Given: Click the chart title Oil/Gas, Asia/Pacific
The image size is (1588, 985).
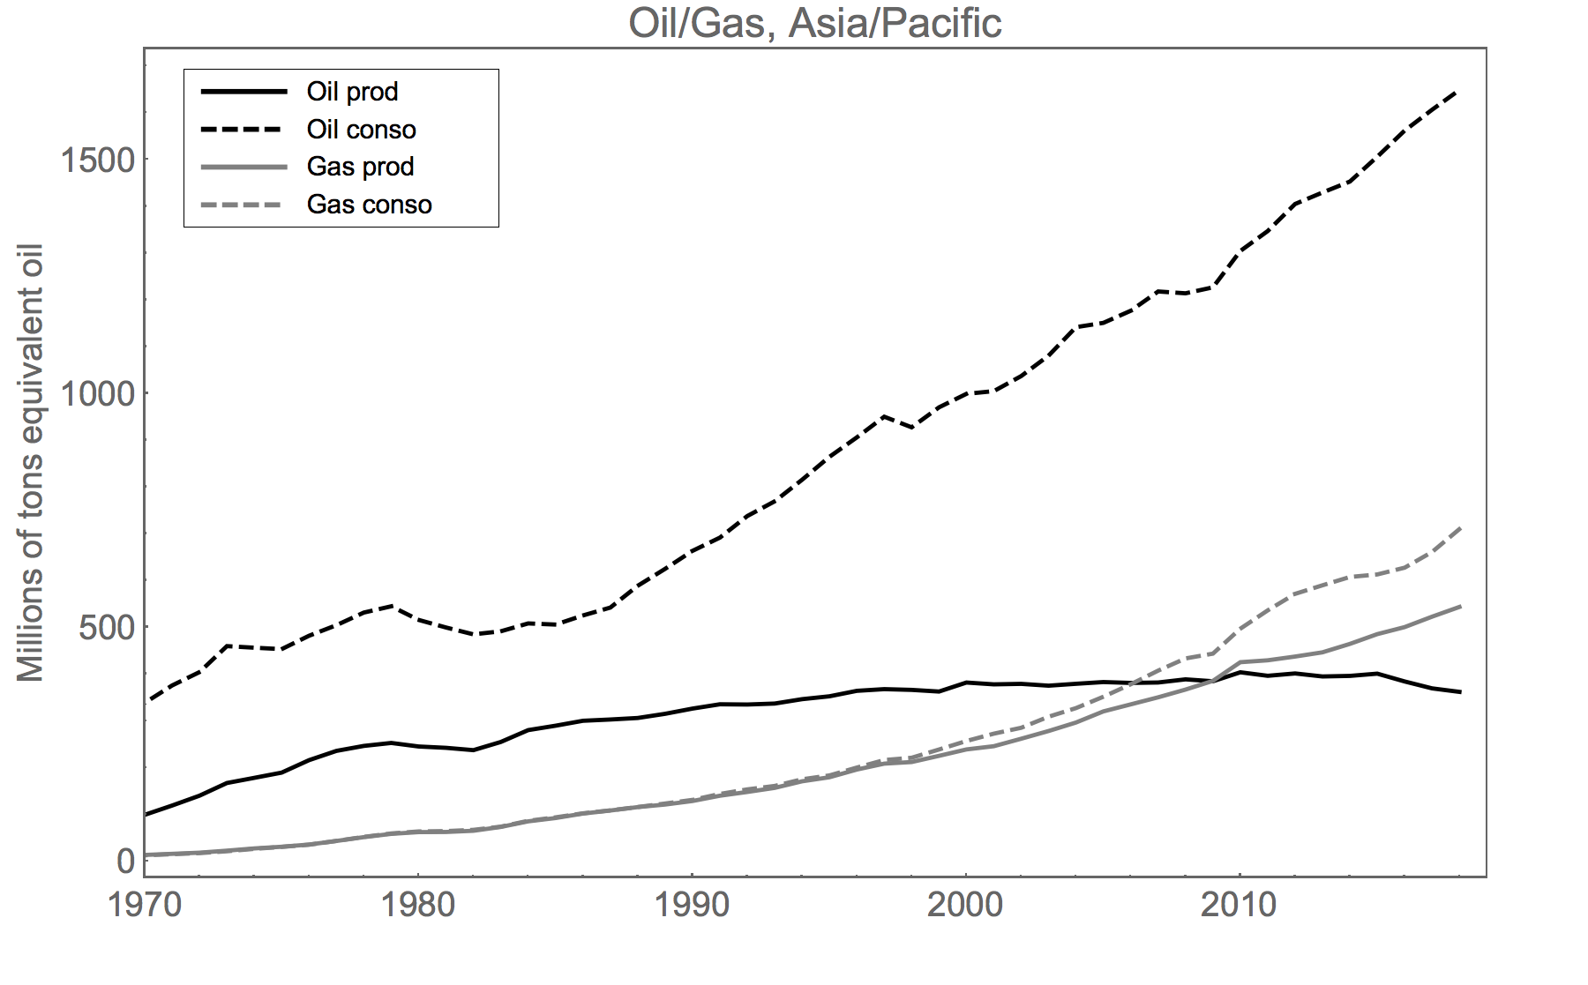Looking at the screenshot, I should [814, 24].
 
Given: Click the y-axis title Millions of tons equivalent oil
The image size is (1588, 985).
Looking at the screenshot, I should [31, 463].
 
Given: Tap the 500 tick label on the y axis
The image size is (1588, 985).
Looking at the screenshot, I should [104, 627].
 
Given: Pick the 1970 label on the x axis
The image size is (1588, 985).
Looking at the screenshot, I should [144, 906].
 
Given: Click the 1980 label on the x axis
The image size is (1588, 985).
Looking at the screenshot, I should [417, 906].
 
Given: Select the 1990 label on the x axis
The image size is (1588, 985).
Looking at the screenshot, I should [692, 906].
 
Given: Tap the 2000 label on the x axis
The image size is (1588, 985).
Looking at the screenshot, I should [965, 906].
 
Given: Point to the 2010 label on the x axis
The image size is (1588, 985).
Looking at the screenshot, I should [1239, 906].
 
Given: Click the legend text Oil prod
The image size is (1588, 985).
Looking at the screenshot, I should [352, 92].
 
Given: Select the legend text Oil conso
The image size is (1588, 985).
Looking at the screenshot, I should [361, 130].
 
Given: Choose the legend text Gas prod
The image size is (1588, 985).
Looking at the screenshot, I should [360, 167].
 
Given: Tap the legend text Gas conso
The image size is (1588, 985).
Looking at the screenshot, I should [369, 205].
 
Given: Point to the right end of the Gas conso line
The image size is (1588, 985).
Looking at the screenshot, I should [1459, 527].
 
